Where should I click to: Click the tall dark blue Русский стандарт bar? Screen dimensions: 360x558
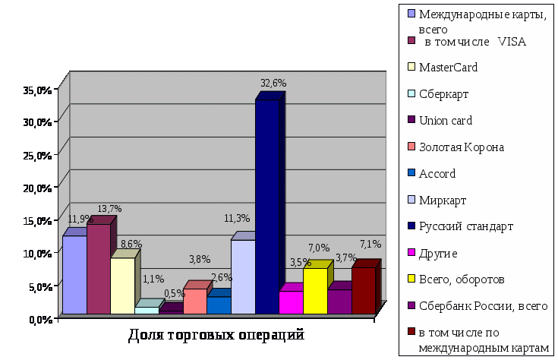point(267,205)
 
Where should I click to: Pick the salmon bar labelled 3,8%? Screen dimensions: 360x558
point(195,301)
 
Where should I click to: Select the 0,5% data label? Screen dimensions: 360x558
point(174,293)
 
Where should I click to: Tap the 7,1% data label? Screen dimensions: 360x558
point(370,244)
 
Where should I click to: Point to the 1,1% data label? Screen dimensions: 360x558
point(153,279)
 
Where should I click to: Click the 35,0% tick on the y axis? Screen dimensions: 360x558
point(37,90)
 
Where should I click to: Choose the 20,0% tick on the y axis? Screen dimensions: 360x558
point(37,188)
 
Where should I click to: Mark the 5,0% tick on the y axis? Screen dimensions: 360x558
point(39,286)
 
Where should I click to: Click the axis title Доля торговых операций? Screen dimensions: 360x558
point(216,334)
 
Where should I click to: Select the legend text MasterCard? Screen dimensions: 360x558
point(448,68)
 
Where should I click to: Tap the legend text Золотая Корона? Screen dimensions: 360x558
point(461,147)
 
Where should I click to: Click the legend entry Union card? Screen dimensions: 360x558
point(446,120)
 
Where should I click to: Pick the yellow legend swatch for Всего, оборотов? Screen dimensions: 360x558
point(411,279)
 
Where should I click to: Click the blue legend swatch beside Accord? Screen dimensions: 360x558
point(411,172)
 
